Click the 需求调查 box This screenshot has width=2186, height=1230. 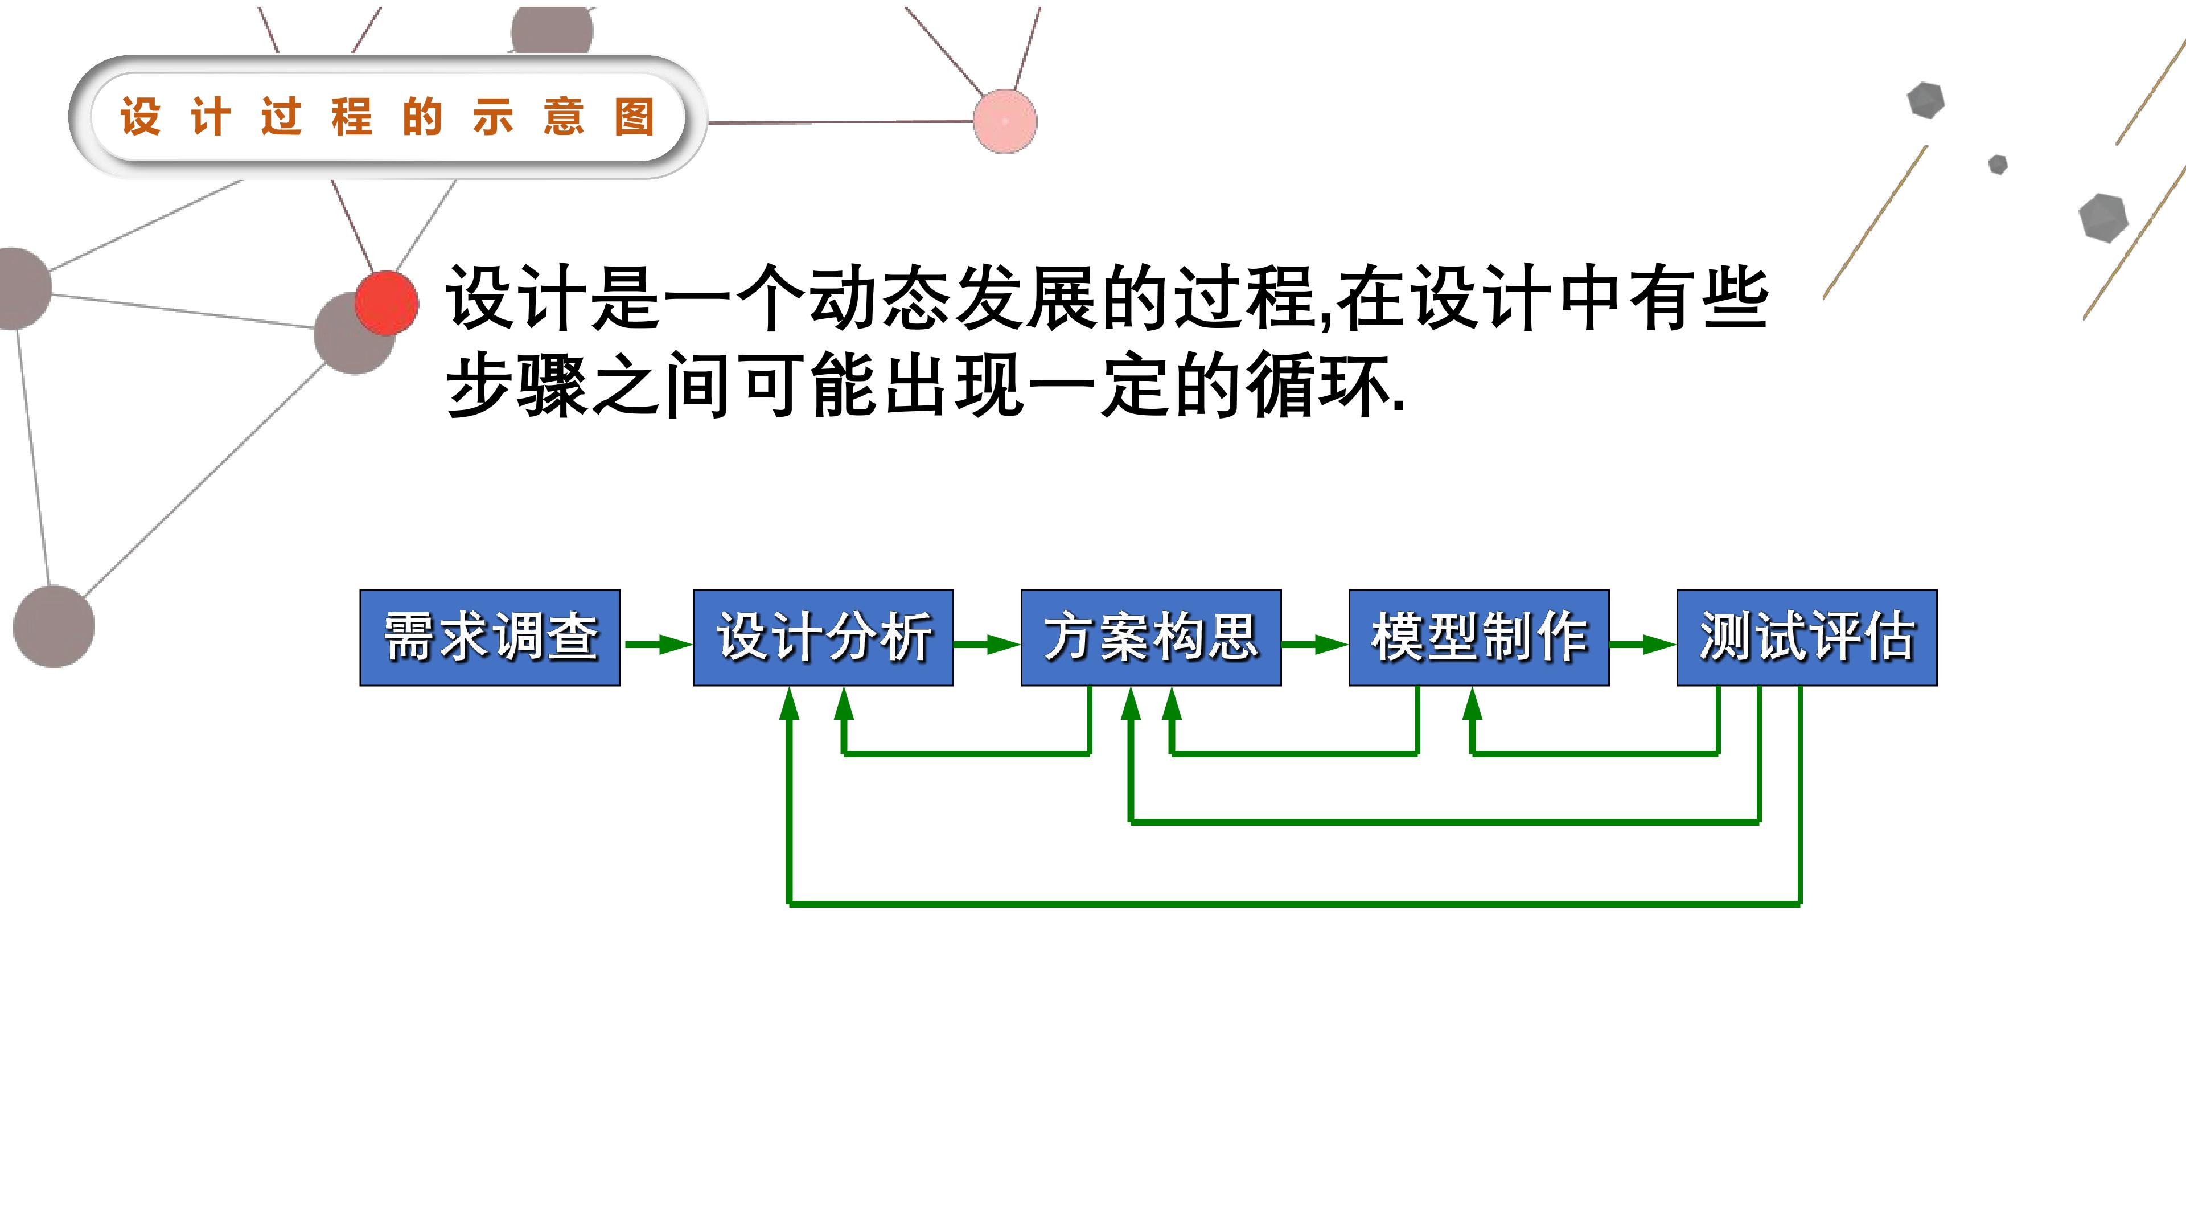(x=490, y=638)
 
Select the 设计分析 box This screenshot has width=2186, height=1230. (x=823, y=638)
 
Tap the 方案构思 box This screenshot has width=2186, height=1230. (x=1150, y=638)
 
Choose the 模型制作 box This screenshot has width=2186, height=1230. (x=1479, y=638)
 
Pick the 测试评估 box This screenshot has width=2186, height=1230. (x=1807, y=638)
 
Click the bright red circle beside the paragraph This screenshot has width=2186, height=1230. (x=386, y=302)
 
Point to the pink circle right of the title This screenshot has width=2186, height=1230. (x=1005, y=121)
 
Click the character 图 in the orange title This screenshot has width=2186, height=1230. (x=635, y=117)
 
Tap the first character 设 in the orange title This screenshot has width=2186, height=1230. (x=141, y=117)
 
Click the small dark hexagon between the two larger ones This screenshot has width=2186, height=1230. (x=1999, y=165)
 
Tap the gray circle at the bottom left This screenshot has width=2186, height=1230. (x=54, y=626)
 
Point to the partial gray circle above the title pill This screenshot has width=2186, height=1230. (x=552, y=30)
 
